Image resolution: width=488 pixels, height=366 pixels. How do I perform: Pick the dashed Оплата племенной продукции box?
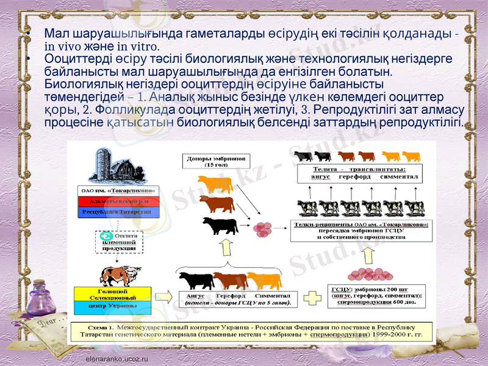pyautogui.click(x=118, y=241)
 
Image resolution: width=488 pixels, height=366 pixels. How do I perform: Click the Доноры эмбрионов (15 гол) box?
pyautogui.click(x=215, y=160)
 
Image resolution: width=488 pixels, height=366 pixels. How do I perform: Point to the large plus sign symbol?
pyautogui.click(x=312, y=298)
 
